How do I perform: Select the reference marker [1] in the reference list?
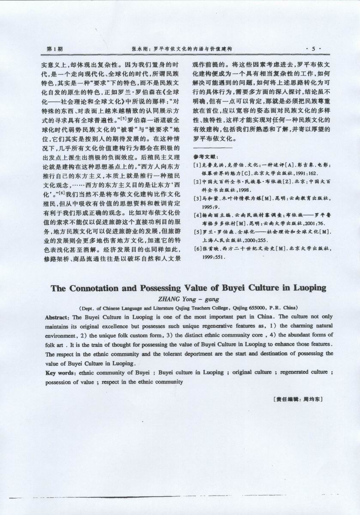tap(197, 165)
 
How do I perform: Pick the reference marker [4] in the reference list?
tap(197, 215)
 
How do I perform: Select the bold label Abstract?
tap(58, 317)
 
